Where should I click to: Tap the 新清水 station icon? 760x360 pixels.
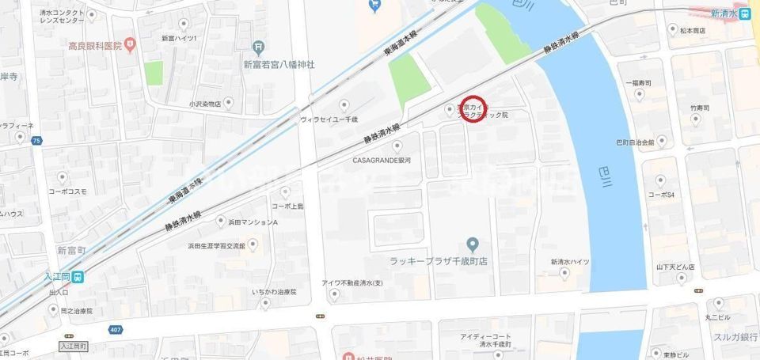[x=745, y=13]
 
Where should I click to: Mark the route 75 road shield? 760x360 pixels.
[x=36, y=140]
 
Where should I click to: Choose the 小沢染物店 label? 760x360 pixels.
[x=205, y=103]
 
